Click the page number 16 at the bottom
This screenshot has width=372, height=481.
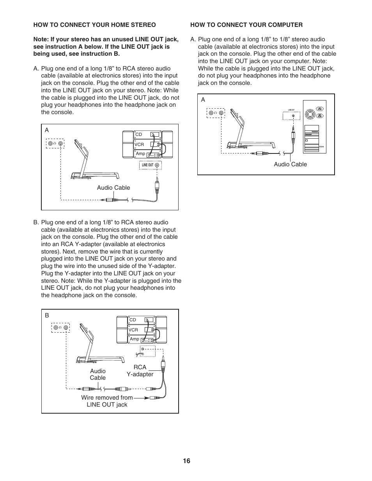click(186, 461)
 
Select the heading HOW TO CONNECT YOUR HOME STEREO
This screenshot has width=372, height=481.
click(94, 25)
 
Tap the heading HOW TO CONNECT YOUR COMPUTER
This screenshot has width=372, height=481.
click(246, 25)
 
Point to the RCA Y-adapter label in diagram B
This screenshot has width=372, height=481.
click(140, 370)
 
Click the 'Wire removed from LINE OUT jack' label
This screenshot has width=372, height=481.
click(107, 401)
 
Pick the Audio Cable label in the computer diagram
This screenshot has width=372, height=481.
click(290, 164)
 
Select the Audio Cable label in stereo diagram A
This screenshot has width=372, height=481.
click(113, 188)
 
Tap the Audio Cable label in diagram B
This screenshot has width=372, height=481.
click(97, 374)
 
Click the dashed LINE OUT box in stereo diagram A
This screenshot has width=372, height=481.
click(150, 165)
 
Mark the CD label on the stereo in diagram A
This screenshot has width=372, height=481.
click(138, 135)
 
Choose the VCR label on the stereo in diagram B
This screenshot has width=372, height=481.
click(133, 330)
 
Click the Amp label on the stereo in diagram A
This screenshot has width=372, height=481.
click(140, 154)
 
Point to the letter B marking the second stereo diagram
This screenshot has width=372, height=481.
click(47, 315)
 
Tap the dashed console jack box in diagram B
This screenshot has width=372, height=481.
click(60, 328)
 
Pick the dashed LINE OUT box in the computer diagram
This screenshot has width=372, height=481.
click(291, 116)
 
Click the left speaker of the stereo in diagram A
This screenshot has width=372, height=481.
click(128, 144)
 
